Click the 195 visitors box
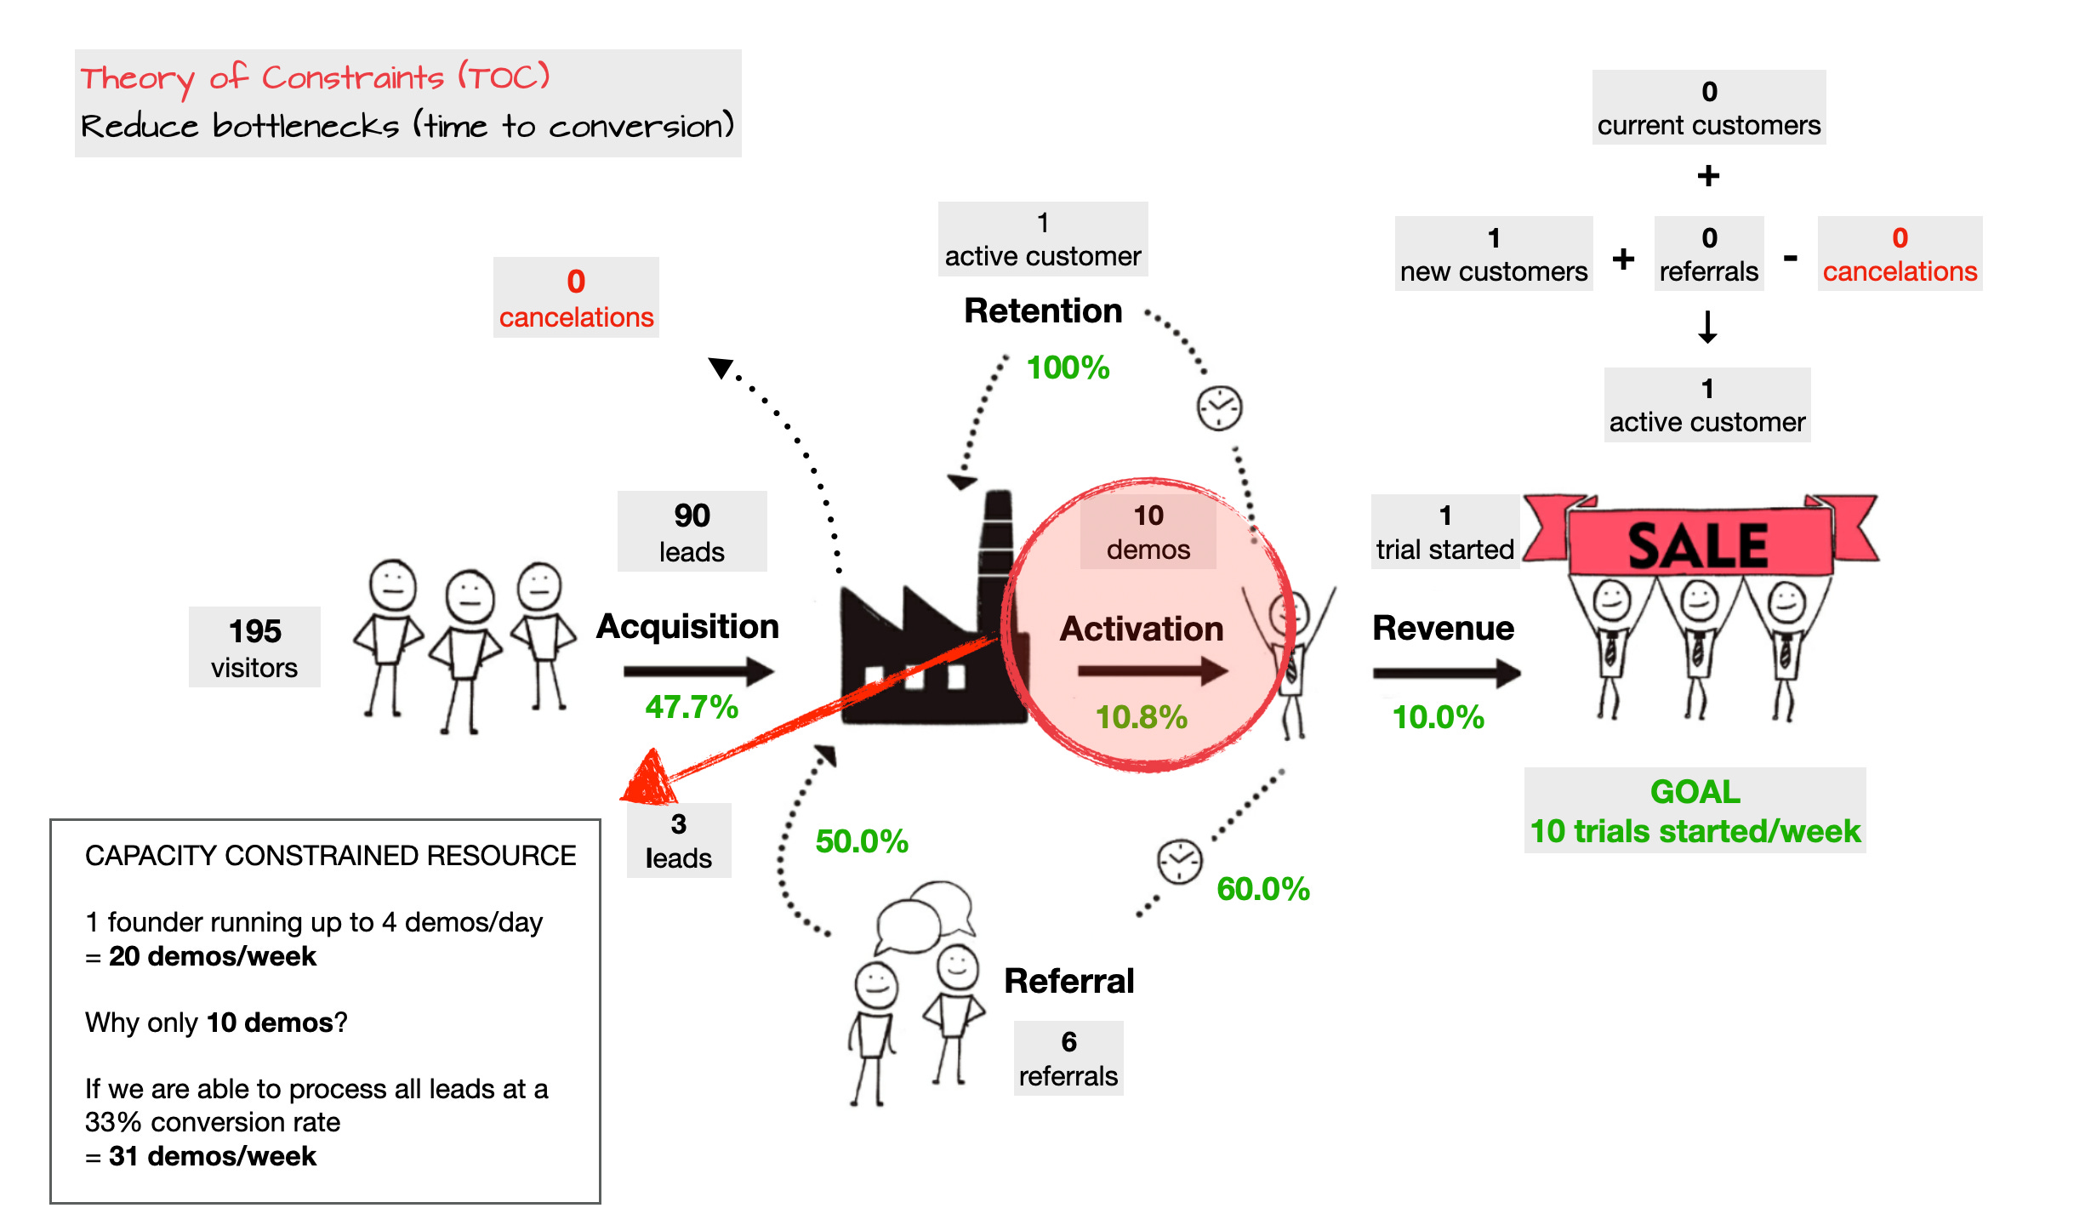[x=254, y=647]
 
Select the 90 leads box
[x=692, y=532]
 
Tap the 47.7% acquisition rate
[x=691, y=707]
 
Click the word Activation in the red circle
[x=1141, y=629]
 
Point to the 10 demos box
[x=1148, y=532]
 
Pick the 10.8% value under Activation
[x=1141, y=717]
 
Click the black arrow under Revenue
[x=1445, y=673]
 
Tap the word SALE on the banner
[x=1698, y=545]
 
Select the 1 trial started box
[x=1444, y=532]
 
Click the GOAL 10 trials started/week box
[x=1695, y=811]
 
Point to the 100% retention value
[x=1068, y=368]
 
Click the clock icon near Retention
[x=1219, y=408]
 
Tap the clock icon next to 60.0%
[x=1179, y=862]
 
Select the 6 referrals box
[x=1068, y=1058]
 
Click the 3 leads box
[x=678, y=840]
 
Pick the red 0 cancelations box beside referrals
[x=1900, y=254]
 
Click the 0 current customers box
[x=1708, y=107]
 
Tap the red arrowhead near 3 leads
[x=650, y=778]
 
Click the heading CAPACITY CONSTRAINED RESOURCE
[x=330, y=855]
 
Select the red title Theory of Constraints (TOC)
[x=315, y=78]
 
